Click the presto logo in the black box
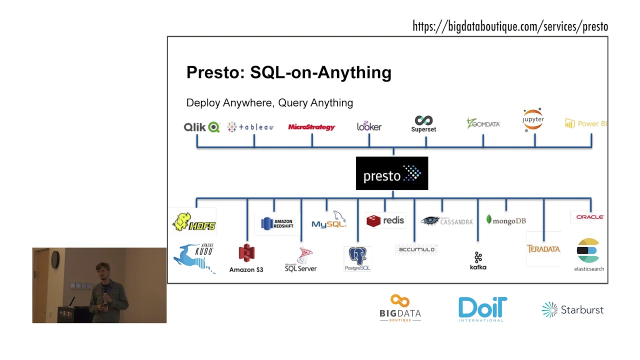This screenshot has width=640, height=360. (392, 173)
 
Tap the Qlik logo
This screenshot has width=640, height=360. (201, 127)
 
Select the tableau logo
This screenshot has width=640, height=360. (250, 127)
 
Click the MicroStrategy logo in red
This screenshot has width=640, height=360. (311, 127)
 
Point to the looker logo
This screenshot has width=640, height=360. (369, 126)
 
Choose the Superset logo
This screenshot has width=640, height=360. (423, 124)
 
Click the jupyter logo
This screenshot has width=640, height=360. (533, 120)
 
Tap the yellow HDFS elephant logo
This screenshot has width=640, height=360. (193, 222)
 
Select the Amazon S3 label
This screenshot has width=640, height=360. (246, 269)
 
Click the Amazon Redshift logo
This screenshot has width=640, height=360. (277, 223)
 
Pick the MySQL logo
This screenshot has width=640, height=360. (329, 220)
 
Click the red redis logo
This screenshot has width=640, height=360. (385, 220)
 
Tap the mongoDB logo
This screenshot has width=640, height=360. (506, 220)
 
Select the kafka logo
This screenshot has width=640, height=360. (478, 260)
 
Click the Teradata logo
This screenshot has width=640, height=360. (543, 248)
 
